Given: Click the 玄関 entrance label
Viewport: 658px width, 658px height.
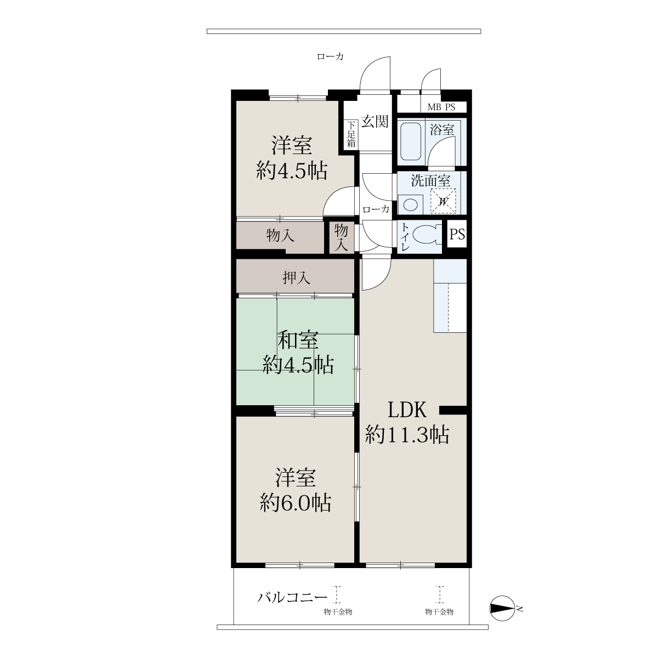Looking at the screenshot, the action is coord(375,121).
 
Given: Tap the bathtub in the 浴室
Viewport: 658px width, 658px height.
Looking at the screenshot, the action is coord(411,141).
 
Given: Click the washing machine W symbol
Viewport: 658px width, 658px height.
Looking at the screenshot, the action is coord(443,201).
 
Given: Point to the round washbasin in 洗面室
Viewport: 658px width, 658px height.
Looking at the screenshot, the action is coord(411,205).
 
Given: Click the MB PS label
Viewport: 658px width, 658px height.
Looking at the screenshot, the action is coord(441,107).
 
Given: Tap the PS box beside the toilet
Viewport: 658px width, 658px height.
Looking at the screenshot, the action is coord(457,234).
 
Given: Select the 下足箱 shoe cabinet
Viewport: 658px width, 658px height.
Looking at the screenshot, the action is coord(351,134).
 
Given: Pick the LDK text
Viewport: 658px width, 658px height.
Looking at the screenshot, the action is coord(407,410).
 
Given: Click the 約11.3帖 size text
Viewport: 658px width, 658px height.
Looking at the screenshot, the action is coord(407,435).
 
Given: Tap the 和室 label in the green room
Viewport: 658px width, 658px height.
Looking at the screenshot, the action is coord(298,340).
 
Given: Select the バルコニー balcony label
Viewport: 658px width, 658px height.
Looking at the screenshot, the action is coord(292,598).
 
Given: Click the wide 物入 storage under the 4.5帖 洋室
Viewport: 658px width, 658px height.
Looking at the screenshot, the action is coord(280,236).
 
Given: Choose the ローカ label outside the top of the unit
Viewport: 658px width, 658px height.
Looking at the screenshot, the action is coord(330,56).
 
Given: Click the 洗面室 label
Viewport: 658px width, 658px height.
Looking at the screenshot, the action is coord(430,180).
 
